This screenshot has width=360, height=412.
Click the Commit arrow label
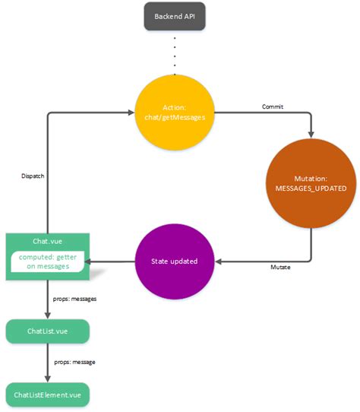point(271,107)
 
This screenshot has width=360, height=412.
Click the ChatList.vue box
point(47,331)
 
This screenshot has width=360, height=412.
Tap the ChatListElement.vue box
point(47,395)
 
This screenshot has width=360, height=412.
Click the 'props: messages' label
point(74,299)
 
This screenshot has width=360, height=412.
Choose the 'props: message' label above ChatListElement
point(74,362)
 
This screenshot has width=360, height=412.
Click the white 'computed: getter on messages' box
point(47,262)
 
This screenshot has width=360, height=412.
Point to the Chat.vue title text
point(46,242)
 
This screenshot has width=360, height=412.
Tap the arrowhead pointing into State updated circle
point(219,261)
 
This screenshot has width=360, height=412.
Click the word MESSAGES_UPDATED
point(311,188)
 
